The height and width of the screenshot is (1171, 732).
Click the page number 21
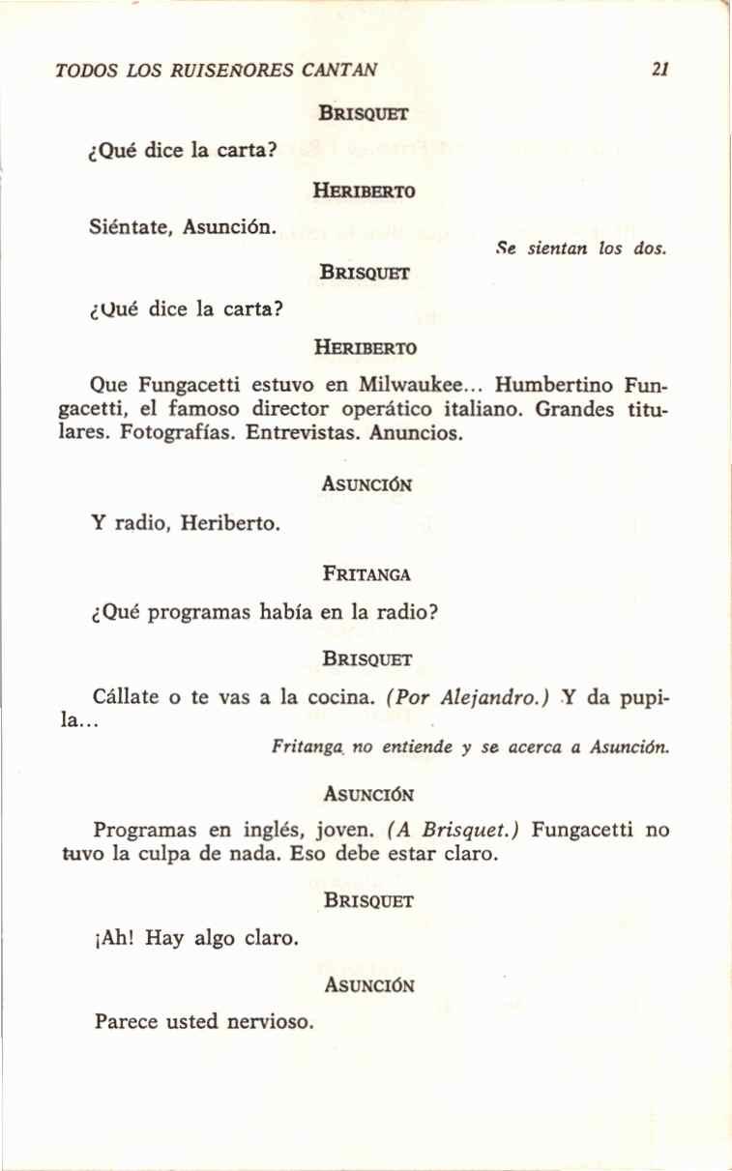point(661,70)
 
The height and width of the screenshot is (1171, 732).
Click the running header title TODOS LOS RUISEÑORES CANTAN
point(217,71)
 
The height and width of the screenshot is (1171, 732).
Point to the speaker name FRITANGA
point(367,573)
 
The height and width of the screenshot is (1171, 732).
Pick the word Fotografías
point(178,433)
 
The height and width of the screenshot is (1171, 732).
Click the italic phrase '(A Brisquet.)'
point(454,829)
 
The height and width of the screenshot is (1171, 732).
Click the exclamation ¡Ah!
point(115,937)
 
